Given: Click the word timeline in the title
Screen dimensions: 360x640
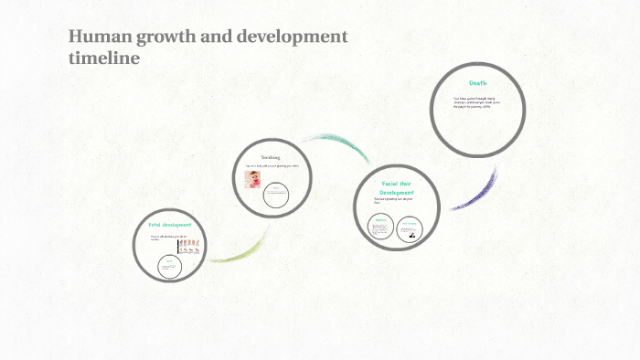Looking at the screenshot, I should click(x=103, y=58).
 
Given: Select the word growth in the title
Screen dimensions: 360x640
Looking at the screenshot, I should click(x=168, y=38).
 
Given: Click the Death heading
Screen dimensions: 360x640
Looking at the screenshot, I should click(x=477, y=83).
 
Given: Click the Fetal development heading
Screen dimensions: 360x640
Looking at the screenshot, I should click(x=169, y=225).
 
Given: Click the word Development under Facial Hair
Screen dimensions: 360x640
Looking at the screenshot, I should click(x=398, y=193).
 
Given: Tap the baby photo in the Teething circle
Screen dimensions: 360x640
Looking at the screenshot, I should click(x=252, y=179).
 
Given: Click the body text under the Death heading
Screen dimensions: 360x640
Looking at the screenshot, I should click(x=476, y=103).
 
